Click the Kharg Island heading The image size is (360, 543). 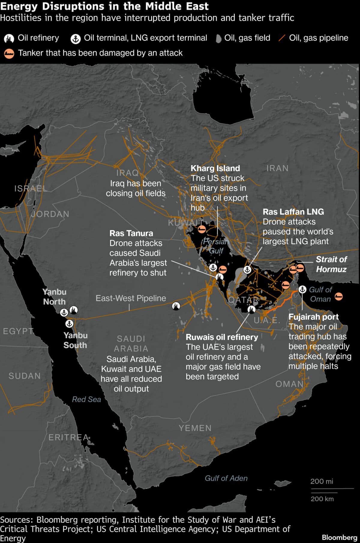point(215,168)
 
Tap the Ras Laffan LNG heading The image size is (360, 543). point(293,212)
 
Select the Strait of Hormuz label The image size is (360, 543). point(331,264)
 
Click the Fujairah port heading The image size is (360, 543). point(313,317)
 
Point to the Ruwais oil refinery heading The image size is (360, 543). point(222,337)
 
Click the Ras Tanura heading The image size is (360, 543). point(131,233)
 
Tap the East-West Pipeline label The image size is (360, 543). point(130,298)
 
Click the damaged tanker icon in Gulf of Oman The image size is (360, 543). point(338,297)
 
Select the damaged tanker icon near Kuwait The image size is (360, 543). point(202,230)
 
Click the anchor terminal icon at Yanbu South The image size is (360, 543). point(69,324)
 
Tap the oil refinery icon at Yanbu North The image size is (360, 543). point(73,310)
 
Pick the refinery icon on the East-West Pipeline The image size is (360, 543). point(176,306)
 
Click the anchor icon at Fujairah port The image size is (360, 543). point(302,289)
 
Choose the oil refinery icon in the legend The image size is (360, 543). point(9,38)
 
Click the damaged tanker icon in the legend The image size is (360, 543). point(9,53)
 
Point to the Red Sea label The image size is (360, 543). point(86,399)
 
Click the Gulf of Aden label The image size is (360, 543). point(226,478)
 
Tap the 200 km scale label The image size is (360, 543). point(322,499)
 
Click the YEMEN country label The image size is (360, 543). point(195,428)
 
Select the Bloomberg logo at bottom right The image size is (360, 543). point(339,537)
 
